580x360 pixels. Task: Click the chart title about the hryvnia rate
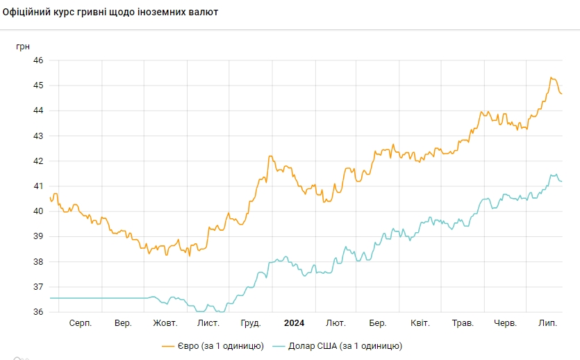[110, 12]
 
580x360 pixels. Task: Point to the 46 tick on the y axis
[38, 60]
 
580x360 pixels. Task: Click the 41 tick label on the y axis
[38, 186]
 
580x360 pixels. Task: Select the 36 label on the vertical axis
[38, 312]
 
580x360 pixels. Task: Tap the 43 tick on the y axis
[38, 136]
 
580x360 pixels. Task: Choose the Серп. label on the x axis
[81, 324]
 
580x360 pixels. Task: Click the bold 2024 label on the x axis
[294, 324]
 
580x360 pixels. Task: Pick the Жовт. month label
[165, 324]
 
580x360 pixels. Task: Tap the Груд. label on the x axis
[251, 324]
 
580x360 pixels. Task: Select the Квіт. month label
[420, 324]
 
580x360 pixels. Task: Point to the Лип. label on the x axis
[549, 324]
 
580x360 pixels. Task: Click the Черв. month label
[505, 324]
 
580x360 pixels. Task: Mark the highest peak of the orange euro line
[551, 78]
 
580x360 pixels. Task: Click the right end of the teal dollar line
[561, 181]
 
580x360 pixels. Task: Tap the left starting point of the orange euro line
[50, 198]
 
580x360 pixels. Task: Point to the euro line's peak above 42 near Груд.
[270, 156]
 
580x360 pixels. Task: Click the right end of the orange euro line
[561, 94]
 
